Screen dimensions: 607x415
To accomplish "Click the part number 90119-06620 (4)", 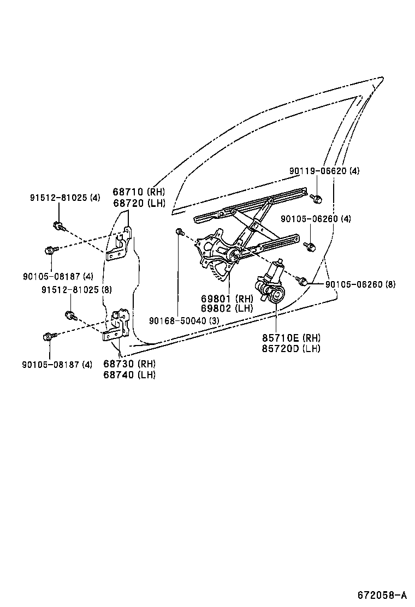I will click(x=324, y=171).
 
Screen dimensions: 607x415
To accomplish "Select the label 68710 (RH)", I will click(x=139, y=192).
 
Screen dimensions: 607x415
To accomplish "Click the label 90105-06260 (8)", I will click(x=360, y=284).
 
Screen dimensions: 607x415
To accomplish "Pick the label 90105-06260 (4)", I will click(x=316, y=219).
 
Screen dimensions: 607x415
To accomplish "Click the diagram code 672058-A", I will click(x=382, y=594).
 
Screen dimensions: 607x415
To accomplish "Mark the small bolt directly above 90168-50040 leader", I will click(x=179, y=233).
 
